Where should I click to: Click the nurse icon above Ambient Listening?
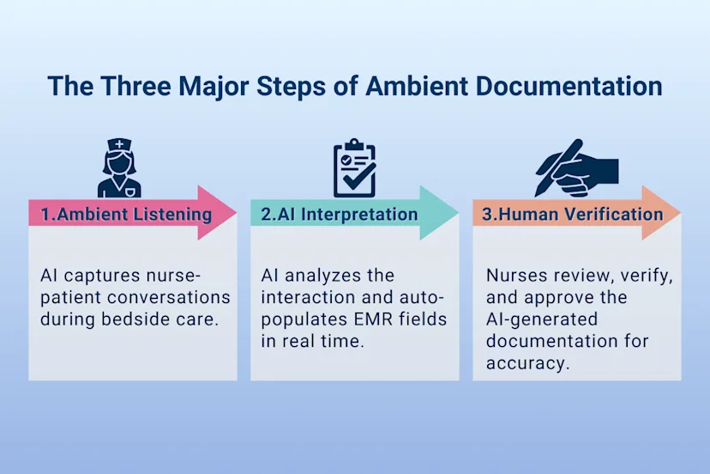[118, 168]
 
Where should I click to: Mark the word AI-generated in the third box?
[539, 319]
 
